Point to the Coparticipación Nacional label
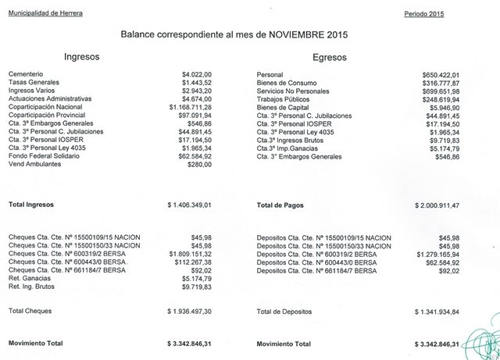tap(47, 107)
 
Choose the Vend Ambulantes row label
tap(36, 165)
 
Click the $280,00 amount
tap(198, 165)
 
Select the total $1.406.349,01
tap(190, 205)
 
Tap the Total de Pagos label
tap(283, 205)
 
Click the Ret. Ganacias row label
tap(31, 279)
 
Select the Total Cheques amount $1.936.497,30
tap(190, 311)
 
